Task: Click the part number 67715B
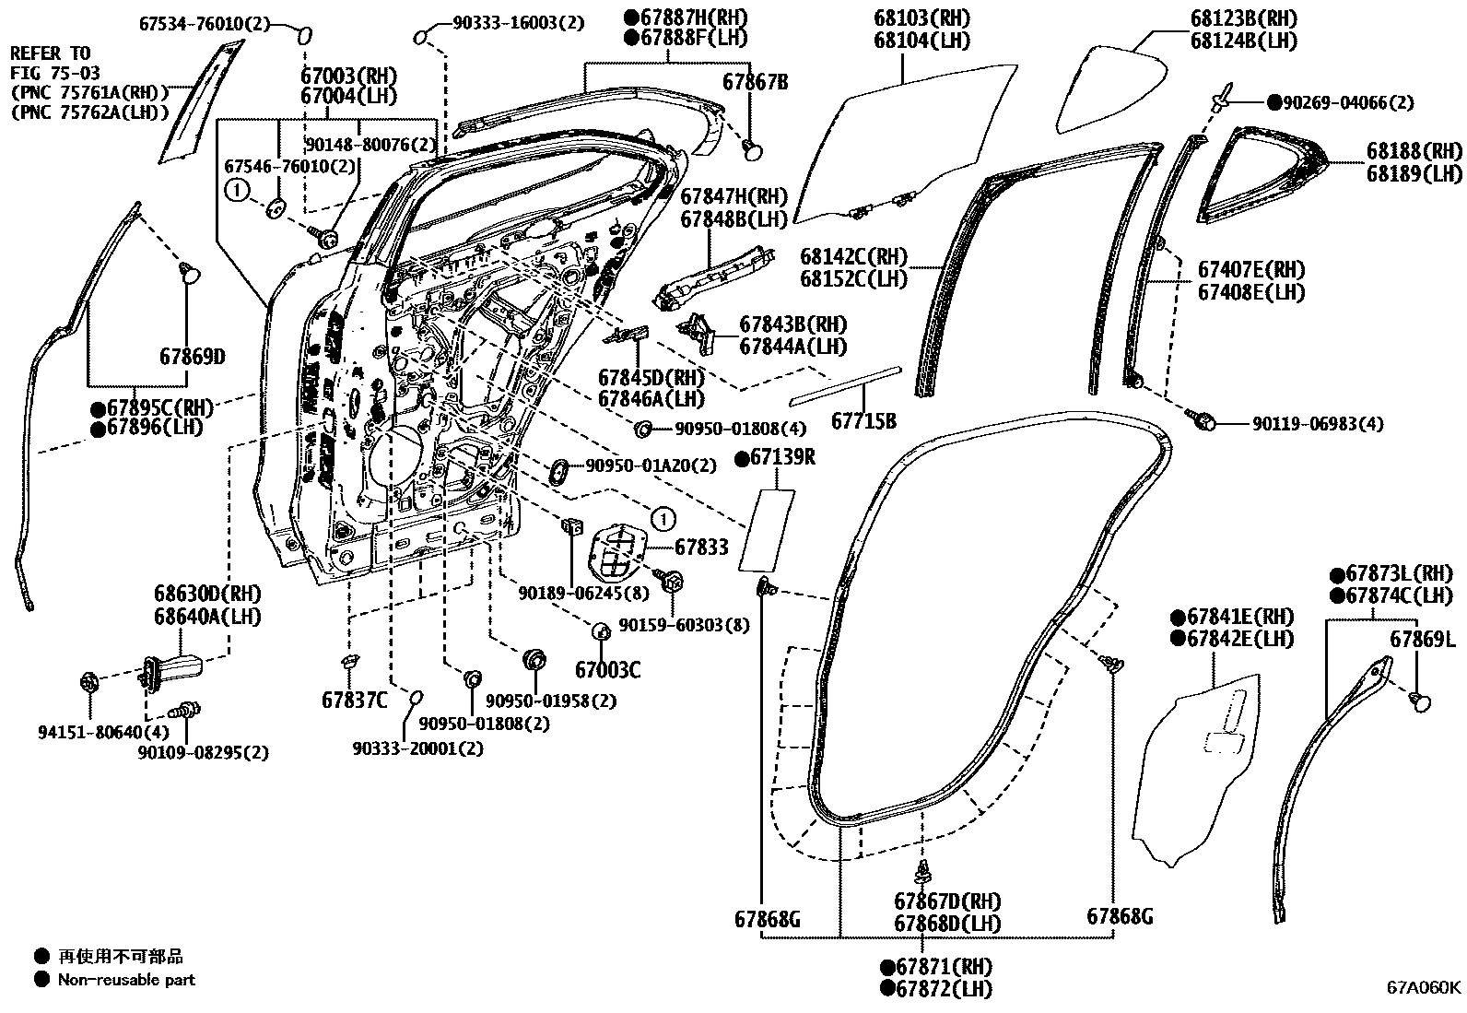point(863,420)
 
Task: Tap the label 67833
point(701,547)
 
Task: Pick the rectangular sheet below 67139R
point(767,531)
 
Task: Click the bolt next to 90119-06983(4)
point(1203,420)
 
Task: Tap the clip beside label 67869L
point(1420,702)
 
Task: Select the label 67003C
point(607,670)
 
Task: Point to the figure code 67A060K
point(1424,987)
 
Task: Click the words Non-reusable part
point(126,980)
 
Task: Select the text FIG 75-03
point(55,72)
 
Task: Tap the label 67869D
point(192,356)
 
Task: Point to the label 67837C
point(355,701)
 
